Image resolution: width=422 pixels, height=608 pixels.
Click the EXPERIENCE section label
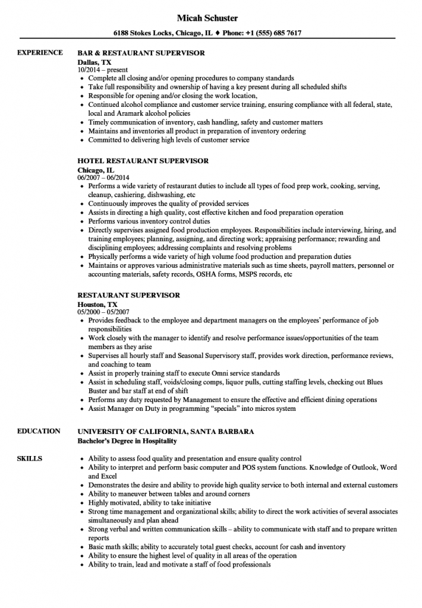pos(40,53)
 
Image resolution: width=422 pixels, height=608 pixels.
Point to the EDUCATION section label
pos(39,431)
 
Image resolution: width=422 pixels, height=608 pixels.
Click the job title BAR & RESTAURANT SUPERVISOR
pos(141,53)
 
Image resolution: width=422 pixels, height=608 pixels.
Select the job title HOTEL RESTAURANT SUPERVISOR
pos(143,161)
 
